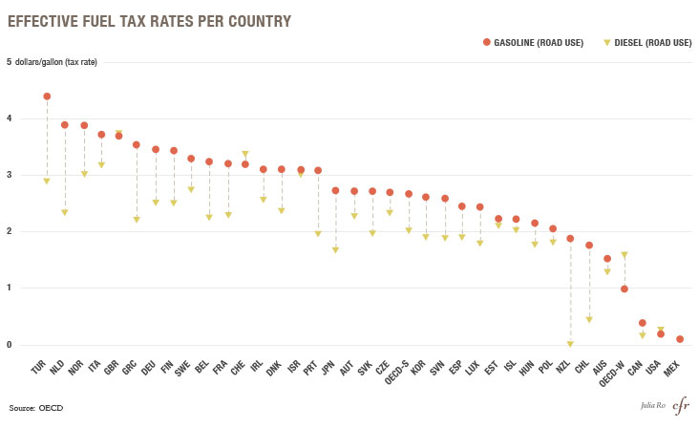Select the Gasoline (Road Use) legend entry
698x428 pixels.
point(538,42)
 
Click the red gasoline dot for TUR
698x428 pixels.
point(47,96)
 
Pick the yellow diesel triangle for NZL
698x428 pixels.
point(570,344)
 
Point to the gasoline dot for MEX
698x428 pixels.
point(679,339)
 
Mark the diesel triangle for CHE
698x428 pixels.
point(245,154)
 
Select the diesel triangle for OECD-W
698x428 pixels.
point(624,255)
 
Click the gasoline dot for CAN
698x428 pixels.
point(643,323)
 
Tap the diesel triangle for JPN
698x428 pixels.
point(336,250)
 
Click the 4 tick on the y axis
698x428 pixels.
point(10,118)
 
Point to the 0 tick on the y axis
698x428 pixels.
point(10,344)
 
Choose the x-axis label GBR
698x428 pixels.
point(114,369)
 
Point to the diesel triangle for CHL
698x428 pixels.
point(589,320)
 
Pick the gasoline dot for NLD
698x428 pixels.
point(65,125)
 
